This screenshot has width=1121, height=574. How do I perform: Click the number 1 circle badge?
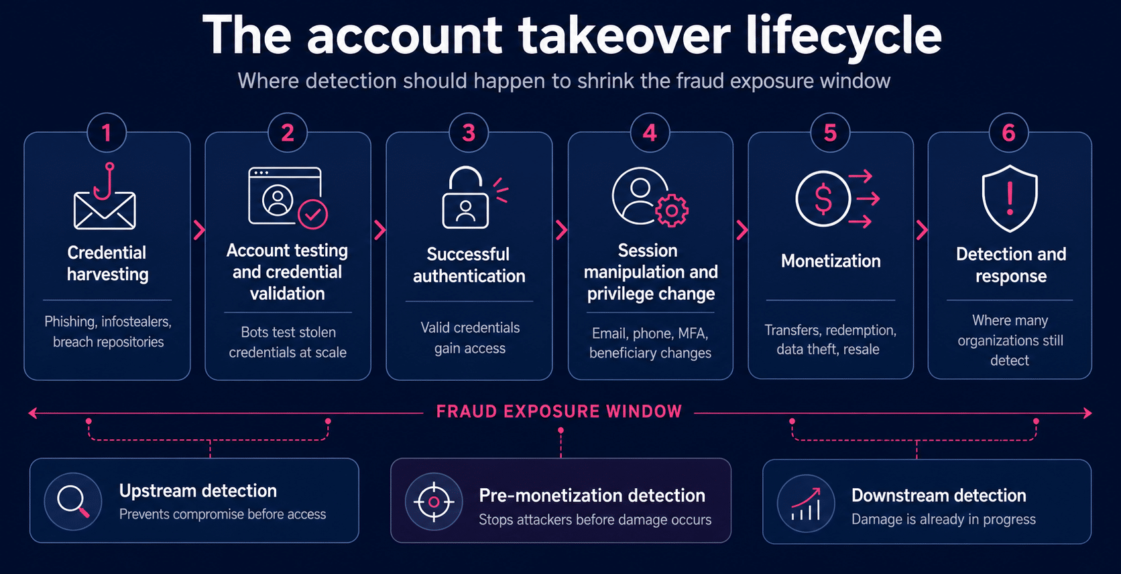coord(107,133)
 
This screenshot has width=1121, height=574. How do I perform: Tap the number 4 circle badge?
coord(650,133)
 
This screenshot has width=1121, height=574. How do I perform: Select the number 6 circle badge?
coord(1008,133)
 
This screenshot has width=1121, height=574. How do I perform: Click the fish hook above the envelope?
coord(105,181)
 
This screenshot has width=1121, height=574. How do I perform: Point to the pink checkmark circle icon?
coord(313,215)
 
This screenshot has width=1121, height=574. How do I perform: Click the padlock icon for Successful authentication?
coord(465,198)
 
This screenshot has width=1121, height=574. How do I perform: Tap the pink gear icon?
coord(672,211)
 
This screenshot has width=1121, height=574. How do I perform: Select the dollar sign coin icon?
coord(823,198)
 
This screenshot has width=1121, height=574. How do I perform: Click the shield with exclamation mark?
coord(1010,198)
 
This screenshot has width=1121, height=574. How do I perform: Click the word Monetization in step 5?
coord(831,261)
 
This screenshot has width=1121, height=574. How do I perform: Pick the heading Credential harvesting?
coord(107,264)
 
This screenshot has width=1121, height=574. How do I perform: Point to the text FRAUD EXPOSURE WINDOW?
coord(559,411)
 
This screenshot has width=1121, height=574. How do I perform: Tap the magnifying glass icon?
coord(73,501)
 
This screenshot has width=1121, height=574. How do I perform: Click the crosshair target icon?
coord(434,502)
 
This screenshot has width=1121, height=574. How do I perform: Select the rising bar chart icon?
coord(806,504)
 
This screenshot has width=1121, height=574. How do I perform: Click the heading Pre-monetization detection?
coord(592,496)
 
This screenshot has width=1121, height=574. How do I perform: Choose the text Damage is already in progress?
coord(943,520)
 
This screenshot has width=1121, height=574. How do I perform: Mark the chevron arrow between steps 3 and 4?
coord(561,230)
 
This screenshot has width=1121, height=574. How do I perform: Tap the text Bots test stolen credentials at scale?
coord(288,342)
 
